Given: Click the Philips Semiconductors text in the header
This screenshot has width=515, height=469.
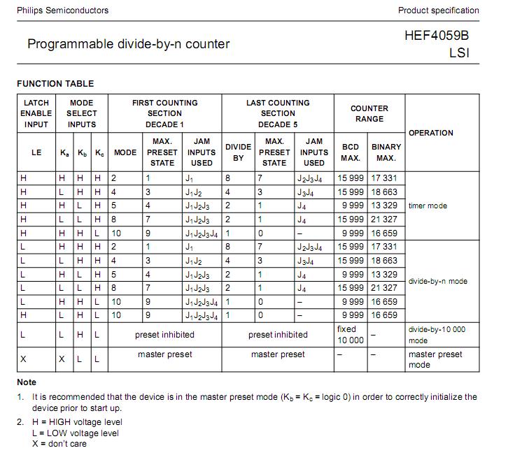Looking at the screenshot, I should tap(62, 10).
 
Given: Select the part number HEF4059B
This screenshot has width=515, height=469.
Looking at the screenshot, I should tap(442, 35).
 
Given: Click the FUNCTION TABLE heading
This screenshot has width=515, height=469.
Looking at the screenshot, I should tap(55, 84).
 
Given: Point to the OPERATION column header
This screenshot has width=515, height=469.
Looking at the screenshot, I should tap(430, 133).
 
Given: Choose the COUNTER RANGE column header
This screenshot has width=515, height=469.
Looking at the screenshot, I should tap(369, 114).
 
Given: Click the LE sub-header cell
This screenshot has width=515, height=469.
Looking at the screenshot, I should tap(36, 152).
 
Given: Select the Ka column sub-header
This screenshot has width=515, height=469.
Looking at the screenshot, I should tap(64, 152).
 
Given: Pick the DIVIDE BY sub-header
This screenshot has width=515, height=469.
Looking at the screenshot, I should tap(238, 152).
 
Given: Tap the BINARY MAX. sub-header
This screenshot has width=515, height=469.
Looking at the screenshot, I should tap(386, 152).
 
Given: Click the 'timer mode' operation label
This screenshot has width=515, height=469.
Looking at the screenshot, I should tap(428, 205).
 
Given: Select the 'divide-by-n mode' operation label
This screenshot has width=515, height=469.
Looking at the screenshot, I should tap(437, 281).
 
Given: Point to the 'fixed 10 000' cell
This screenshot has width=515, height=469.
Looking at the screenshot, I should tap(351, 335).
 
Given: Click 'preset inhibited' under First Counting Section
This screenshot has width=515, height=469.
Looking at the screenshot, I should tap(165, 335).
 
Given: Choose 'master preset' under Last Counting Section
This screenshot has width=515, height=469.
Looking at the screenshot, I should tap(278, 354).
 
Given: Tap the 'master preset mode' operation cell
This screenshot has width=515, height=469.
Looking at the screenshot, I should tap(435, 359).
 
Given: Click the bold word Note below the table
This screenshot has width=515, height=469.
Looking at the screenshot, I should tap(27, 382).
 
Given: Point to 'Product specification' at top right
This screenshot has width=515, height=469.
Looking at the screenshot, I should tap(438, 10).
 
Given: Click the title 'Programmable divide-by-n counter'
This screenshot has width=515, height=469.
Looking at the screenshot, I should tap(128, 44).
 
